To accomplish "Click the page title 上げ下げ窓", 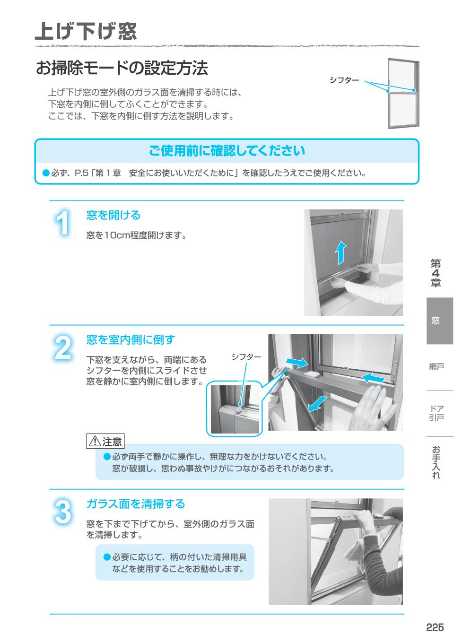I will (x=86, y=31).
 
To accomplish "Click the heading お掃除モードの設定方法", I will (x=122, y=68).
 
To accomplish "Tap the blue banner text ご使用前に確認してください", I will (x=227, y=151).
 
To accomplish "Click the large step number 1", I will (x=62, y=223).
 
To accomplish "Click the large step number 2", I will (x=62, y=348).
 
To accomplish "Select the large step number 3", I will (x=62, y=512).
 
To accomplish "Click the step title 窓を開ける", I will (x=113, y=216).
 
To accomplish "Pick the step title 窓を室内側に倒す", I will (x=130, y=339).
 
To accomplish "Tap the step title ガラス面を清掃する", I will (x=135, y=504).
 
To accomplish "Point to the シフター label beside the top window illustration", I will (x=344, y=80).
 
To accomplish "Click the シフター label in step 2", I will (x=246, y=357).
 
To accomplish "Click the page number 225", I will (x=434, y=627).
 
